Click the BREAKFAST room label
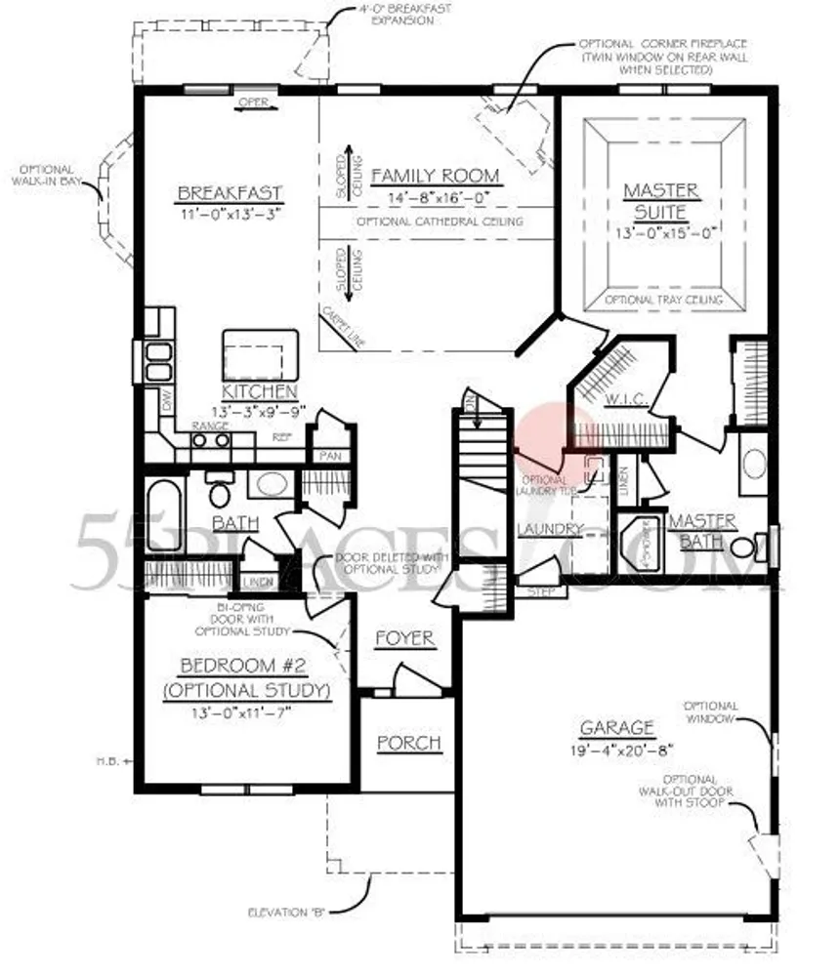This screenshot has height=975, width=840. point(230,191)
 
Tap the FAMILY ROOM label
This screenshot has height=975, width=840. point(435,177)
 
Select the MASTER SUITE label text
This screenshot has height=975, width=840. point(661,200)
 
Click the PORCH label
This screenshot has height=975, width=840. point(409,744)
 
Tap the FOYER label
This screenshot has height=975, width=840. point(403,638)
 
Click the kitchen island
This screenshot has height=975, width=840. point(259,354)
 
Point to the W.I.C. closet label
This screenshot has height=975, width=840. point(622,401)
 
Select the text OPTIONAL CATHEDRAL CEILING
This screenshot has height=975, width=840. point(440,222)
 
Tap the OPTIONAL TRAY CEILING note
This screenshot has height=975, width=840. point(663,300)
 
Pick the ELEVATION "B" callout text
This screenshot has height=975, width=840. point(286,913)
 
